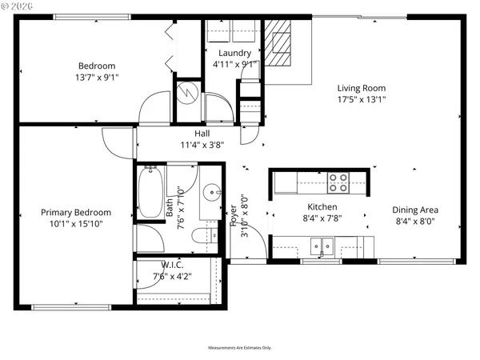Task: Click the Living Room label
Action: click(362, 88)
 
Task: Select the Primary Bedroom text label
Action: click(77, 212)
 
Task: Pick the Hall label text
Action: click(202, 134)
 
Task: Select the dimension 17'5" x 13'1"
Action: click(362, 100)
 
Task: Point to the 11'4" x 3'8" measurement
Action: click(202, 145)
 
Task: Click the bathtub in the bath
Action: click(150, 192)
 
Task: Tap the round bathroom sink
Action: click(210, 192)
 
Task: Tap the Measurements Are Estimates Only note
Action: click(240, 348)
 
